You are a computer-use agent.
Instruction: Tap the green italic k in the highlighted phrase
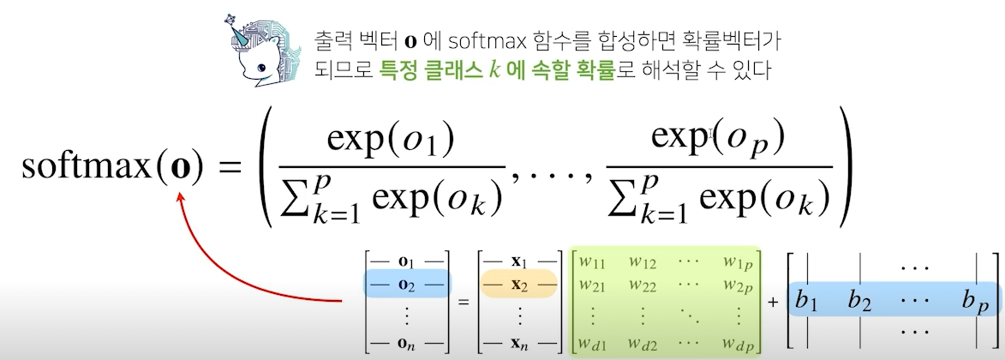(x=494, y=69)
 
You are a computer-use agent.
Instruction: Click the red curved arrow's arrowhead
(x=182, y=203)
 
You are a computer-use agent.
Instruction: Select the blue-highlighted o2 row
(x=407, y=283)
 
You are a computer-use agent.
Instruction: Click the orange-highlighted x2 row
(x=519, y=283)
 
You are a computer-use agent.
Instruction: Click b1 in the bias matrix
(x=806, y=300)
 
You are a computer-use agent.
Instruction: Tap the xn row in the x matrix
(x=519, y=344)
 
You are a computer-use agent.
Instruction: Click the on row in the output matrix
(x=407, y=344)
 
